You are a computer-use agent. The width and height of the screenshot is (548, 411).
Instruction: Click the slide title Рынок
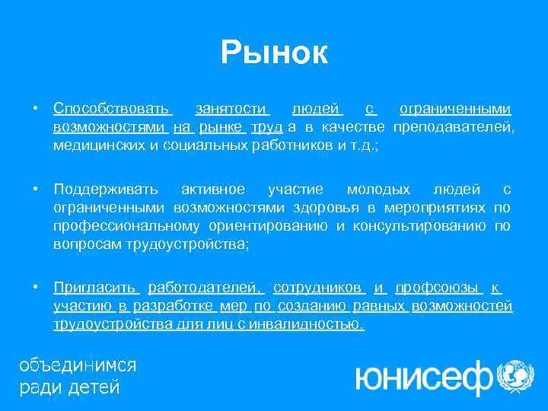click(x=274, y=53)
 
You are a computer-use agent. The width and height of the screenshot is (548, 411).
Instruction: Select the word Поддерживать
click(x=106, y=189)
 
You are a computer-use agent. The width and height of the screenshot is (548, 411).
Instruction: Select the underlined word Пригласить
click(x=94, y=288)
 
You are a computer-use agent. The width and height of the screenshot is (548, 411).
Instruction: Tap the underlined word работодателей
click(x=205, y=288)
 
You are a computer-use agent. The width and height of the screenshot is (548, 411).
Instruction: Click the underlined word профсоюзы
click(x=438, y=288)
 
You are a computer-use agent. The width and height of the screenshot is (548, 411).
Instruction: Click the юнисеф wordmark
click(x=423, y=374)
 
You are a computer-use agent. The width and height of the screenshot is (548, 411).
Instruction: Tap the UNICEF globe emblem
click(x=515, y=374)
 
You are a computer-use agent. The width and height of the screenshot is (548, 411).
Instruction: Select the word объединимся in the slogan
click(x=77, y=365)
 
